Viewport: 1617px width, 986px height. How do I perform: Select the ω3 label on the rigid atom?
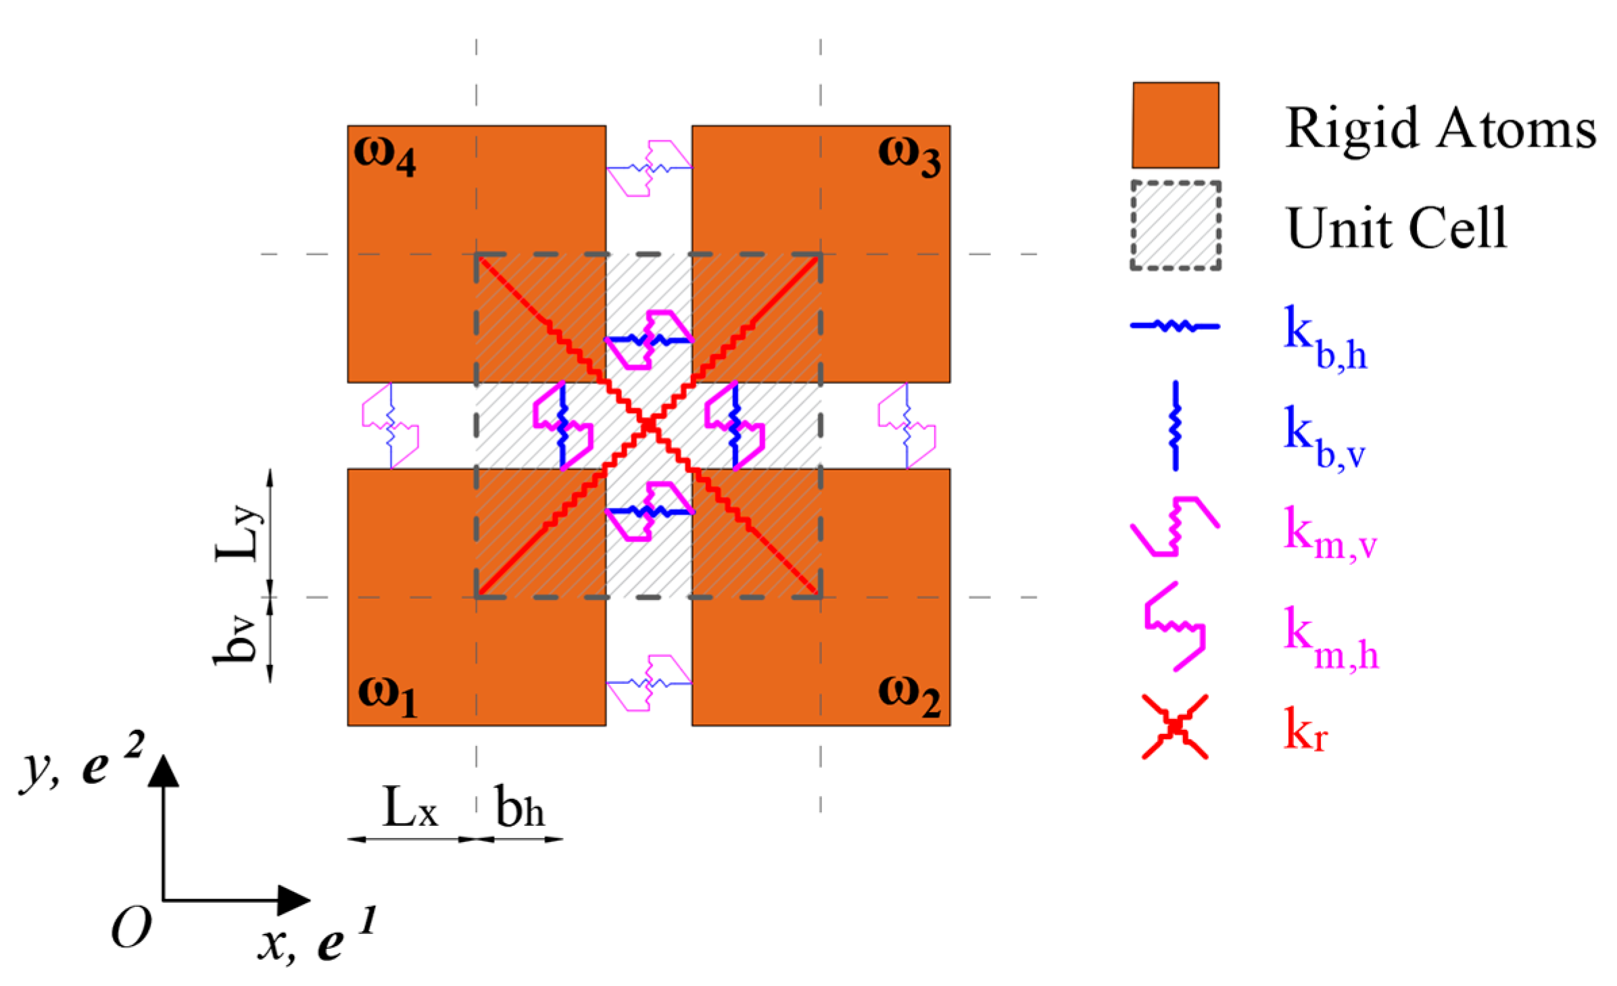point(909,157)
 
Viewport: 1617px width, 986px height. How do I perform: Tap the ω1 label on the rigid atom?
point(387,696)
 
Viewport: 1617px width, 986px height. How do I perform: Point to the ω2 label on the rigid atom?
point(910,697)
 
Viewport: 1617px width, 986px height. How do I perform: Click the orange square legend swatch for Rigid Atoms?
point(1176,125)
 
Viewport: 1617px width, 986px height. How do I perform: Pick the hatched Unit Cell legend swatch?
point(1176,226)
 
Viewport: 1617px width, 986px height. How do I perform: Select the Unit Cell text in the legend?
point(1397,228)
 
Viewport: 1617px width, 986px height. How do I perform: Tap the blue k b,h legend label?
point(1325,337)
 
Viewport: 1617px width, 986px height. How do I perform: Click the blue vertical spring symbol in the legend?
point(1176,426)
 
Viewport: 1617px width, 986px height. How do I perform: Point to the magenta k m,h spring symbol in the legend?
point(1175,626)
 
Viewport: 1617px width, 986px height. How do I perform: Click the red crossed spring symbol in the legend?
point(1175,726)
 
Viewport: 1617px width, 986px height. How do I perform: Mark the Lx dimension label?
point(410,806)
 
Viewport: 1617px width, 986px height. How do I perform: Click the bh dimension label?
point(519,806)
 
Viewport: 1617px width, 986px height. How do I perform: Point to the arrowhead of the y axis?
point(163,770)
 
